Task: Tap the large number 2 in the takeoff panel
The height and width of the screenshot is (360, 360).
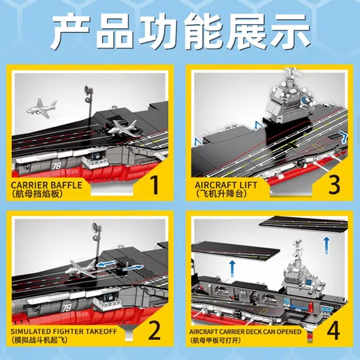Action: pos(155,331)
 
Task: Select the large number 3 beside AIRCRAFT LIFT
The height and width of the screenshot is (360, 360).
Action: pos(334,185)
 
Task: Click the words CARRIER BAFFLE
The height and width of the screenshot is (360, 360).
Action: pos(47,185)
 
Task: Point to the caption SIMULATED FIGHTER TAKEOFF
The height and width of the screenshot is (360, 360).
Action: pos(64,331)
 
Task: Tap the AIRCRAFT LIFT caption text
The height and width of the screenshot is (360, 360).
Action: pos(226,185)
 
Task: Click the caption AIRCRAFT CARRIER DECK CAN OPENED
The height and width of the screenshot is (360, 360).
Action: pos(245,332)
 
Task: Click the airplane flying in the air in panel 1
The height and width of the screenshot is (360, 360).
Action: pos(42,108)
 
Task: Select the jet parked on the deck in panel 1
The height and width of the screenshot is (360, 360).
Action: pos(122,128)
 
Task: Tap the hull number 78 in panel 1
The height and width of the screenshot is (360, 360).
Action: pos(56,166)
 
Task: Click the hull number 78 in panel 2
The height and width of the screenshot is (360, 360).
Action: pos(67,308)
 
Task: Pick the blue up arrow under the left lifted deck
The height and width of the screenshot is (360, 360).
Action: pos(232,268)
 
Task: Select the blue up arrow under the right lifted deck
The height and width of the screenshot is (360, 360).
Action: pos(326,245)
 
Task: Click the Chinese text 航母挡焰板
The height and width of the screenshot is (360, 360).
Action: pos(37,194)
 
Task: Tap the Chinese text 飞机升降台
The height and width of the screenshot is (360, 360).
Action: pos(221,194)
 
